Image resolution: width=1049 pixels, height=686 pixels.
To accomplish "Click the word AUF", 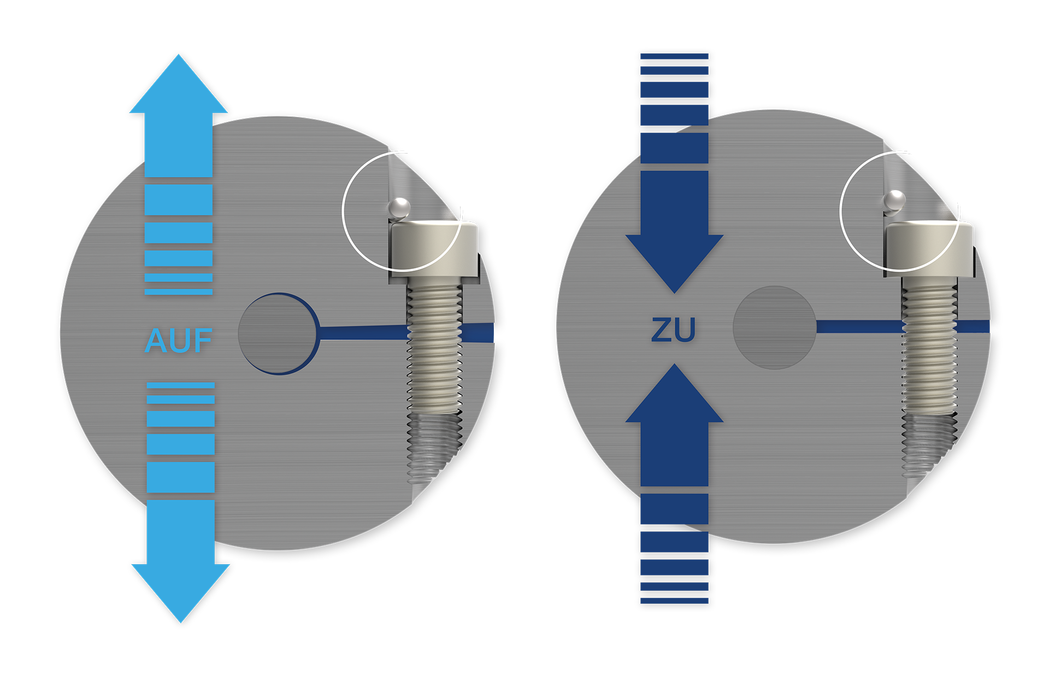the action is pyautogui.click(x=179, y=341).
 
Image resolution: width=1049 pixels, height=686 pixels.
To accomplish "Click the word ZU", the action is pyautogui.click(x=674, y=330).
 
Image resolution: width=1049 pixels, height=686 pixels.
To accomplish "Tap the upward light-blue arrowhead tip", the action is pyautogui.click(x=179, y=55).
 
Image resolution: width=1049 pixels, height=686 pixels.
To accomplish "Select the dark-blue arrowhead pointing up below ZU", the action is pyautogui.click(x=675, y=393).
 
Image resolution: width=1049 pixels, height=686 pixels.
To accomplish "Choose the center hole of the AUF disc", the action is pyautogui.click(x=279, y=333).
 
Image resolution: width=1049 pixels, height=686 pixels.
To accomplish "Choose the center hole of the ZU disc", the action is pyautogui.click(x=774, y=327).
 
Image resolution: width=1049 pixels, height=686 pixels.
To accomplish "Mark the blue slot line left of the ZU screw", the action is pyautogui.click(x=859, y=327).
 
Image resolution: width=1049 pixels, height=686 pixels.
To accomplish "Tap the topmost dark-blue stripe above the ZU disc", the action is pyautogui.click(x=674, y=56).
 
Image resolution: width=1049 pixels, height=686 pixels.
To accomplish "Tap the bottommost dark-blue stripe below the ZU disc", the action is pyautogui.click(x=674, y=601).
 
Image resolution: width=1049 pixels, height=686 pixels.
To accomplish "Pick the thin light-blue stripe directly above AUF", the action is pyautogui.click(x=179, y=292).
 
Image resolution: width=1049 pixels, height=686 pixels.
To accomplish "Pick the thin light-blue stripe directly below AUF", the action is pyautogui.click(x=181, y=385).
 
